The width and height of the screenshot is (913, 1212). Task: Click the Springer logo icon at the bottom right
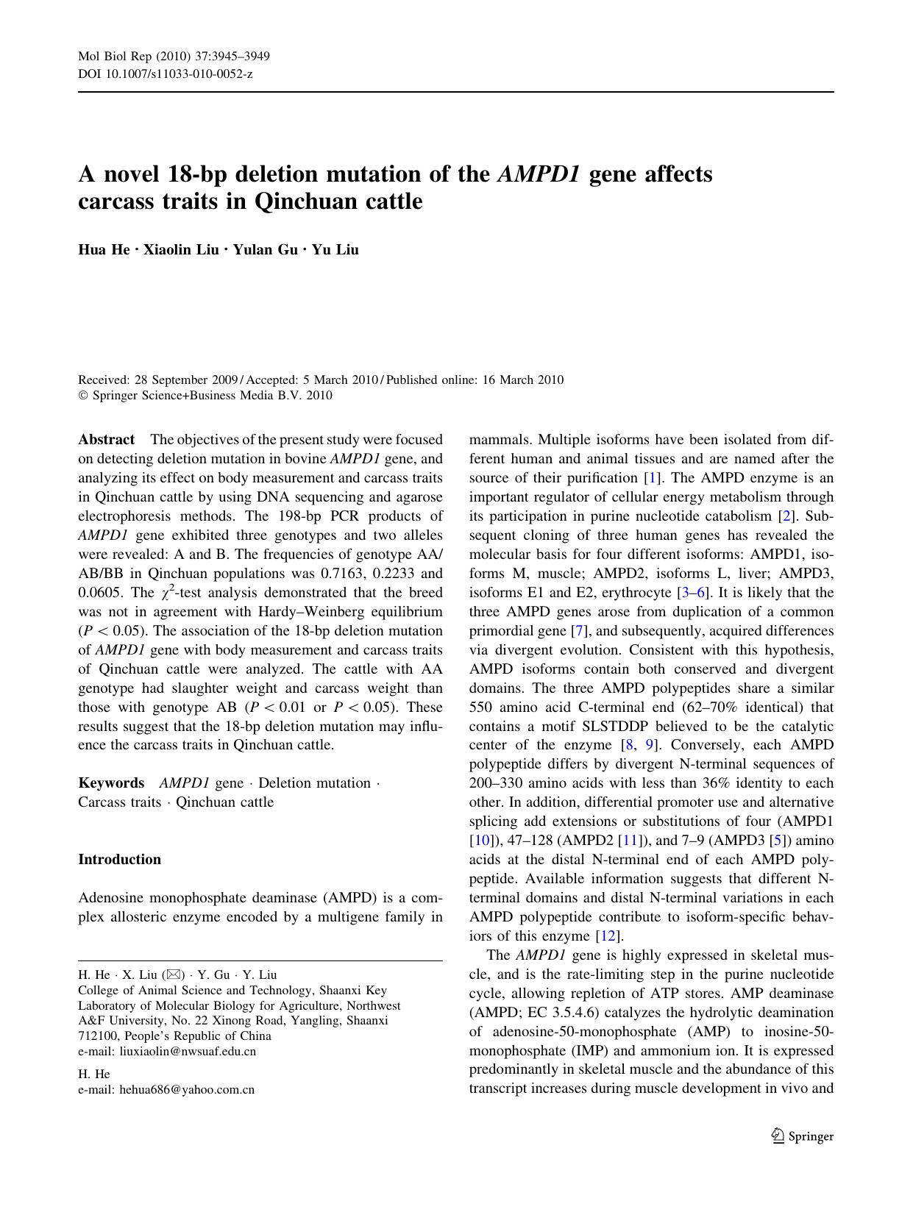pos(778,1136)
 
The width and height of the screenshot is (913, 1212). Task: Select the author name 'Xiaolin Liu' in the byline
pos(181,249)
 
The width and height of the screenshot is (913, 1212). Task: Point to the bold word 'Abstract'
pos(107,440)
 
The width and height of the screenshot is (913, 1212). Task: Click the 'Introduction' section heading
pos(119,859)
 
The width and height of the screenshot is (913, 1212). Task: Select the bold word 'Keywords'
pos(111,783)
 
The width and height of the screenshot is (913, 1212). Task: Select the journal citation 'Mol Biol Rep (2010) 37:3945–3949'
pos(174,57)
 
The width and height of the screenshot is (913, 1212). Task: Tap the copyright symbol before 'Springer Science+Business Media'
pos(82,396)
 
